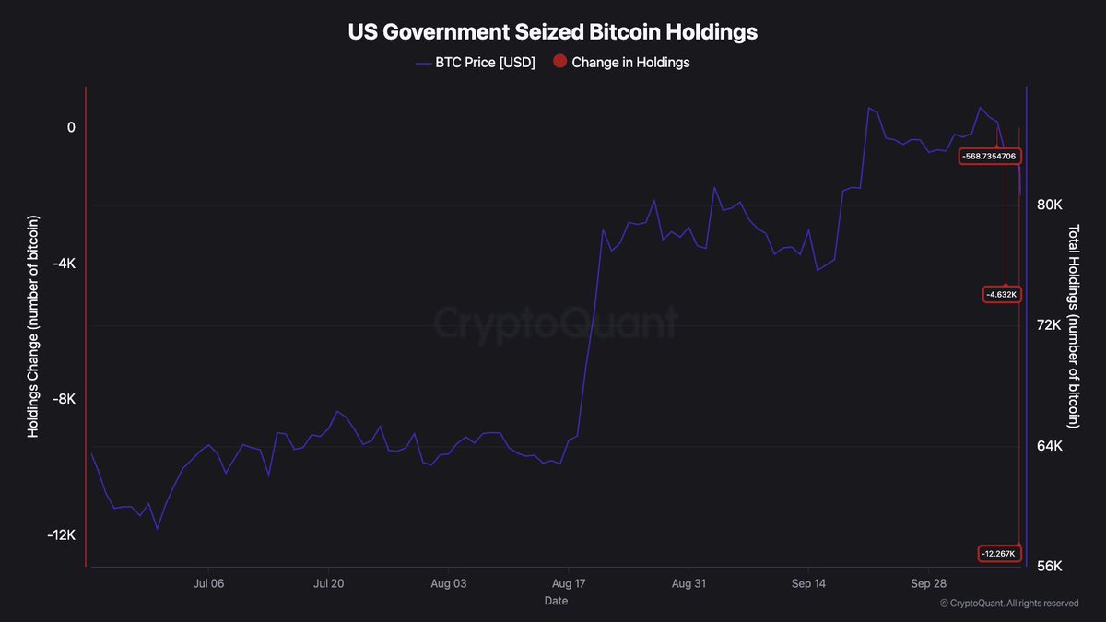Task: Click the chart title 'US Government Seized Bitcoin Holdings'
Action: pos(552,32)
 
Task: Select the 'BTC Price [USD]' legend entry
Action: pos(475,63)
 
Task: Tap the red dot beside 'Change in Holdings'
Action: pos(559,61)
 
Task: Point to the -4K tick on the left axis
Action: pos(65,264)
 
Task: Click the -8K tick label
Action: pos(65,399)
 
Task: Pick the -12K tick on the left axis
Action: pos(61,534)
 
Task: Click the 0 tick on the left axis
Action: pos(71,127)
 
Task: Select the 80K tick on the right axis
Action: pos(1049,205)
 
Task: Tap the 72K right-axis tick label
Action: pos(1049,325)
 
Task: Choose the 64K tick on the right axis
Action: pos(1049,446)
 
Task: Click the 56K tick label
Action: pos(1049,566)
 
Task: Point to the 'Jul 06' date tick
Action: pos(208,583)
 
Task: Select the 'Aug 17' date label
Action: pos(569,583)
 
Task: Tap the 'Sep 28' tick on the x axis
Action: pos(929,583)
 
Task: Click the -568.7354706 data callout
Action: pos(990,157)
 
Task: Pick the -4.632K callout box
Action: pos(1002,295)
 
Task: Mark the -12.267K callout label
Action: pos(998,554)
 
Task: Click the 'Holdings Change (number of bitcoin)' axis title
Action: pos(32,326)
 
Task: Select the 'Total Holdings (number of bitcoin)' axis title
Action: pos(1074,326)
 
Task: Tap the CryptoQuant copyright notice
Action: pos(1008,604)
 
